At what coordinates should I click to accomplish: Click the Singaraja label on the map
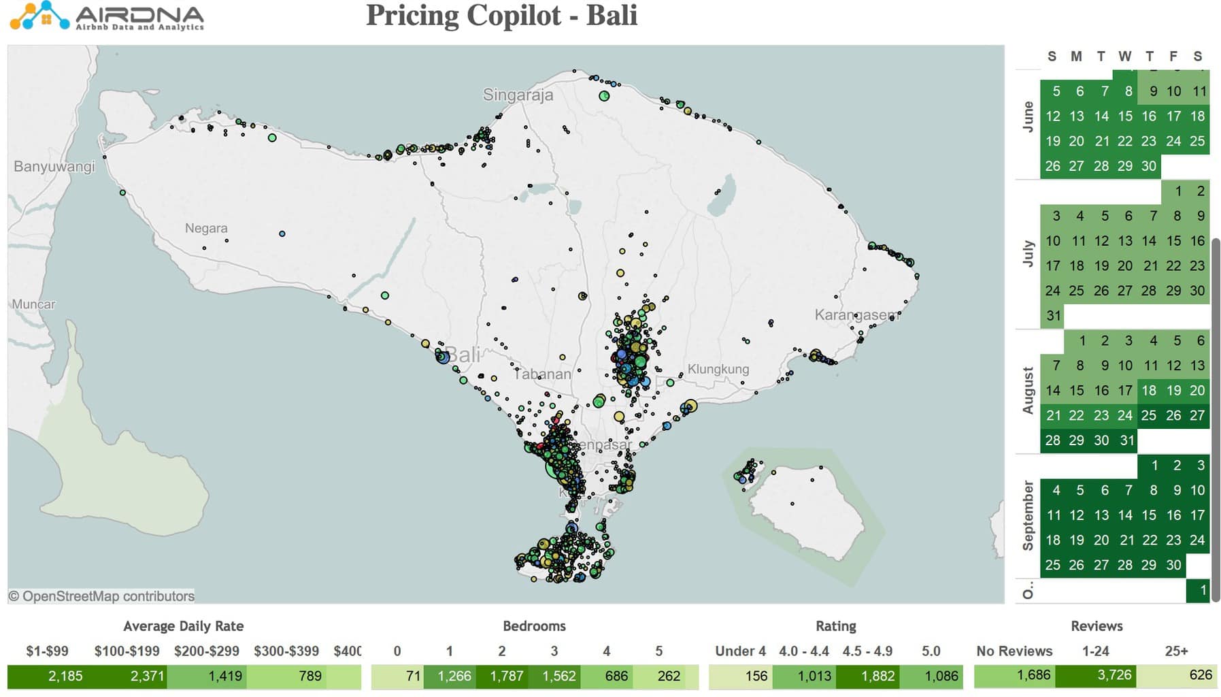coord(518,95)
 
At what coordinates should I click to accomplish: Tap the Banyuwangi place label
coord(54,166)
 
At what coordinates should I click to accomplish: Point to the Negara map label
coord(206,228)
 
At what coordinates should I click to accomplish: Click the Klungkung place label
coord(718,369)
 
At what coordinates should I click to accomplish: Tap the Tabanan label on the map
coord(542,374)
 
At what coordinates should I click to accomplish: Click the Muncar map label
coord(33,304)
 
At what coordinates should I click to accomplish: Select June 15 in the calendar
coord(1125,116)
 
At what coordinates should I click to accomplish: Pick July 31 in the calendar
coord(1053,316)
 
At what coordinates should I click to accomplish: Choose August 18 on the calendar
coord(1149,391)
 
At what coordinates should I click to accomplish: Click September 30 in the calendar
coord(1173,565)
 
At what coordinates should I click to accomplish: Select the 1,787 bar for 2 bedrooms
coord(507,676)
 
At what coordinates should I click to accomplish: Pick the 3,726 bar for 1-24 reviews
coord(1095,676)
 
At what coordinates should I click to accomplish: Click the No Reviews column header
coord(1014,651)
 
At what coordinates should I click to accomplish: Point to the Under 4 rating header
coord(740,651)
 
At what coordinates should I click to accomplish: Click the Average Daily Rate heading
coord(183,626)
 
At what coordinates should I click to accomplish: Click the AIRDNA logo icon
coord(39,16)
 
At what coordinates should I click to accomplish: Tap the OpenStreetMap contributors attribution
coord(101,596)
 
